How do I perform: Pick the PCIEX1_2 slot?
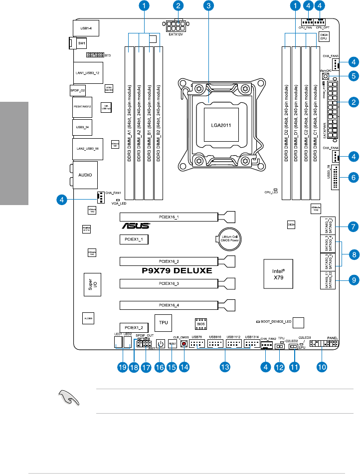point(134,327)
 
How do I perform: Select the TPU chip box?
point(164,323)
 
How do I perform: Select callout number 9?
point(353,280)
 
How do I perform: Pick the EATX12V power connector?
point(174,26)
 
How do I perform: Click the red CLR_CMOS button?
point(184,344)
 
